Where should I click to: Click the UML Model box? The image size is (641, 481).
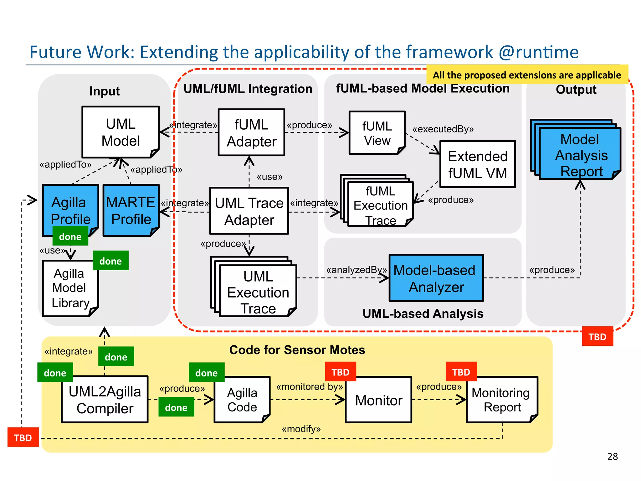(x=121, y=132)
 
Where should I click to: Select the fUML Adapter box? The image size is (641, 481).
(x=251, y=132)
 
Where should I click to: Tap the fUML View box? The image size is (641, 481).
(x=377, y=133)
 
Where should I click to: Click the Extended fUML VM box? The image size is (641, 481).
(x=477, y=164)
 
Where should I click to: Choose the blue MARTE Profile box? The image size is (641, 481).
(x=131, y=210)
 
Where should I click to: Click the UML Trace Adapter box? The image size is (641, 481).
(x=249, y=211)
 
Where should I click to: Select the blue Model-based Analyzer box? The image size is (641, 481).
(x=436, y=278)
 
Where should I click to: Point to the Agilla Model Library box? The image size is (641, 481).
(x=70, y=288)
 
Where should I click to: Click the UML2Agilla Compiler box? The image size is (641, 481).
(x=105, y=400)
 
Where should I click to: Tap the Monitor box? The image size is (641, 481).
(x=378, y=400)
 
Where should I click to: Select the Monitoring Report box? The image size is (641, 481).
(x=502, y=400)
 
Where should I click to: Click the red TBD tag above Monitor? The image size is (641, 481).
(x=340, y=372)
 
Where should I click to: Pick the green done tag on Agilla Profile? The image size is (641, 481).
(x=70, y=237)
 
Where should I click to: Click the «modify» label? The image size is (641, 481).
(x=301, y=429)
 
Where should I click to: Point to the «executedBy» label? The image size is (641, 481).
(x=443, y=129)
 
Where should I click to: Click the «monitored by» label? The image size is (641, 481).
(x=309, y=387)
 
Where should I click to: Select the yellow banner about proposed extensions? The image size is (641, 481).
(x=527, y=75)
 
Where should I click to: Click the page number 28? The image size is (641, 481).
(x=612, y=456)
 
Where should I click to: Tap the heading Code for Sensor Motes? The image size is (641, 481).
(x=297, y=350)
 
